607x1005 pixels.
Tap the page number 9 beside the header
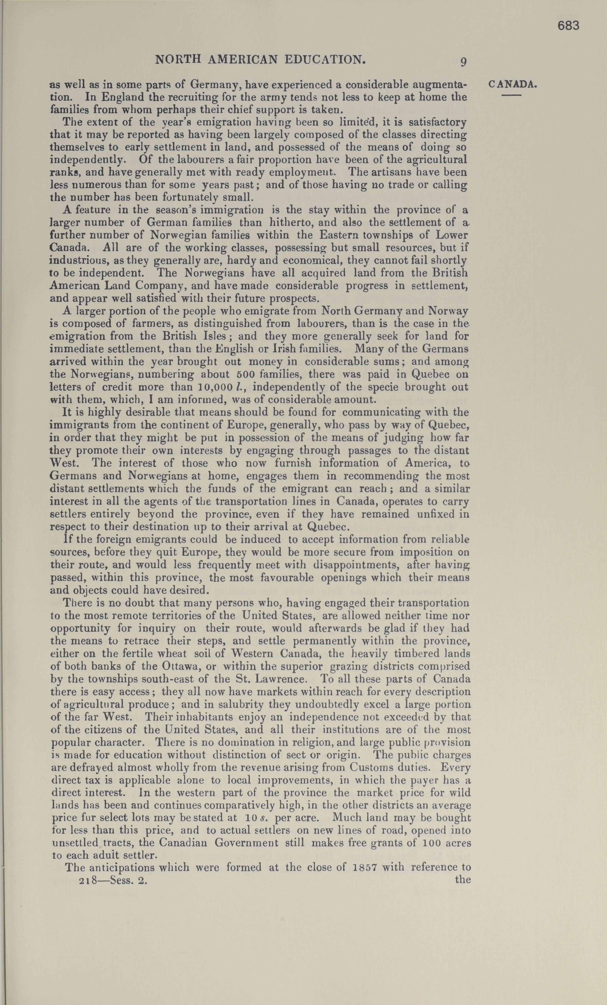click(x=463, y=62)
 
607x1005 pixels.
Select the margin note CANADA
click(x=512, y=85)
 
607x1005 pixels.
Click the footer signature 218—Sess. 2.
click(x=113, y=880)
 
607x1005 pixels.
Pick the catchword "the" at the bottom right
click(x=463, y=879)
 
